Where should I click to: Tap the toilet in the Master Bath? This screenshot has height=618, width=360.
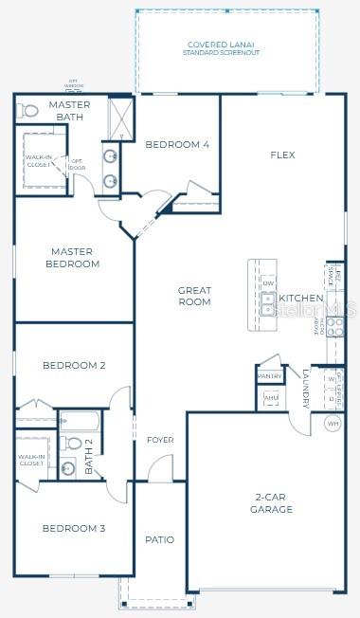click(28, 112)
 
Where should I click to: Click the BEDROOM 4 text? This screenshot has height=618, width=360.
click(176, 145)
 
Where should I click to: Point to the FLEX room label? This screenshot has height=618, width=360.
click(282, 154)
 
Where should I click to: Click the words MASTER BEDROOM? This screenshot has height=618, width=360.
click(71, 258)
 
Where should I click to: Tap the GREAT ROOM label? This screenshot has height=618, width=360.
click(193, 296)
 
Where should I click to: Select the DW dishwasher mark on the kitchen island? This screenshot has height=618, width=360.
click(268, 283)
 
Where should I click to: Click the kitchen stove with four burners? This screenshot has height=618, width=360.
click(335, 326)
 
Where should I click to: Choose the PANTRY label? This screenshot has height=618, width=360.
click(269, 376)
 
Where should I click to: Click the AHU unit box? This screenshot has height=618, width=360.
click(271, 398)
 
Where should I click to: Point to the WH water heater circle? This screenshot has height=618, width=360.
click(333, 423)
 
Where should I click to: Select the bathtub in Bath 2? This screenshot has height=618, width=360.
click(83, 421)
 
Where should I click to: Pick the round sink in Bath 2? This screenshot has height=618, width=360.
click(68, 467)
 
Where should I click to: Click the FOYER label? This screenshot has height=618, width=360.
click(159, 441)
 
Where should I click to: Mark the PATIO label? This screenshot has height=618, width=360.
click(159, 539)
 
